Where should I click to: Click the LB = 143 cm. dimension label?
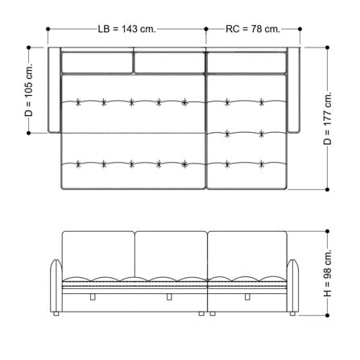point(126,29)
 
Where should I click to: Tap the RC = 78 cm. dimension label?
point(253,29)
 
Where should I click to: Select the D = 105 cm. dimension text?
point(28,90)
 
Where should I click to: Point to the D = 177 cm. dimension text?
point(328,118)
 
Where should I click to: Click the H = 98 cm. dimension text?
point(328,273)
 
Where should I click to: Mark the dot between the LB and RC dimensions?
point(206,29)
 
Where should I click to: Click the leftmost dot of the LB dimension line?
point(48,29)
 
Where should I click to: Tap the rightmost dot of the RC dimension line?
point(300,29)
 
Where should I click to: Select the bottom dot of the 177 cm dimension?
point(327,189)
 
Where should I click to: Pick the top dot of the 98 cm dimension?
point(327,231)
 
